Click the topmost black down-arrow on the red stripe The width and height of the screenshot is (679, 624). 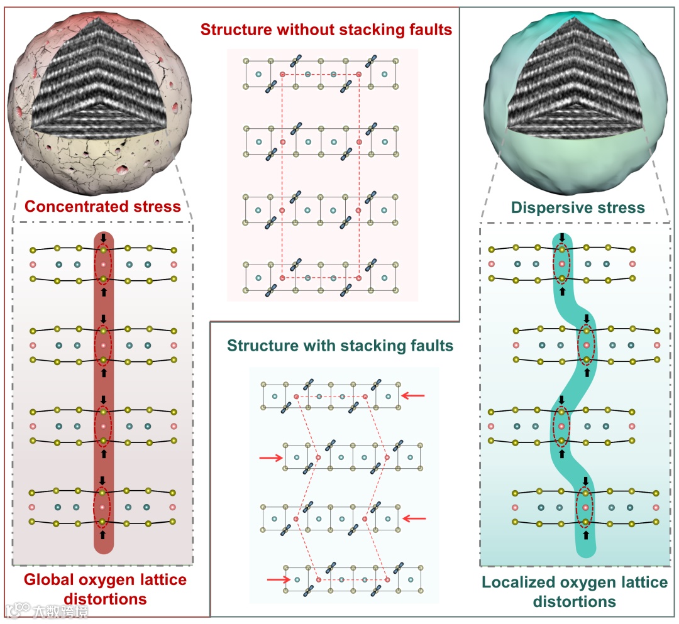pos(103,239)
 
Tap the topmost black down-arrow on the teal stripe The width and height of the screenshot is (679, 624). pos(562,239)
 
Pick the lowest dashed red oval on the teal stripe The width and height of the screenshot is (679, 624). pos(586,506)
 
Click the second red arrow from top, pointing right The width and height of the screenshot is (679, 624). pos(271,458)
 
